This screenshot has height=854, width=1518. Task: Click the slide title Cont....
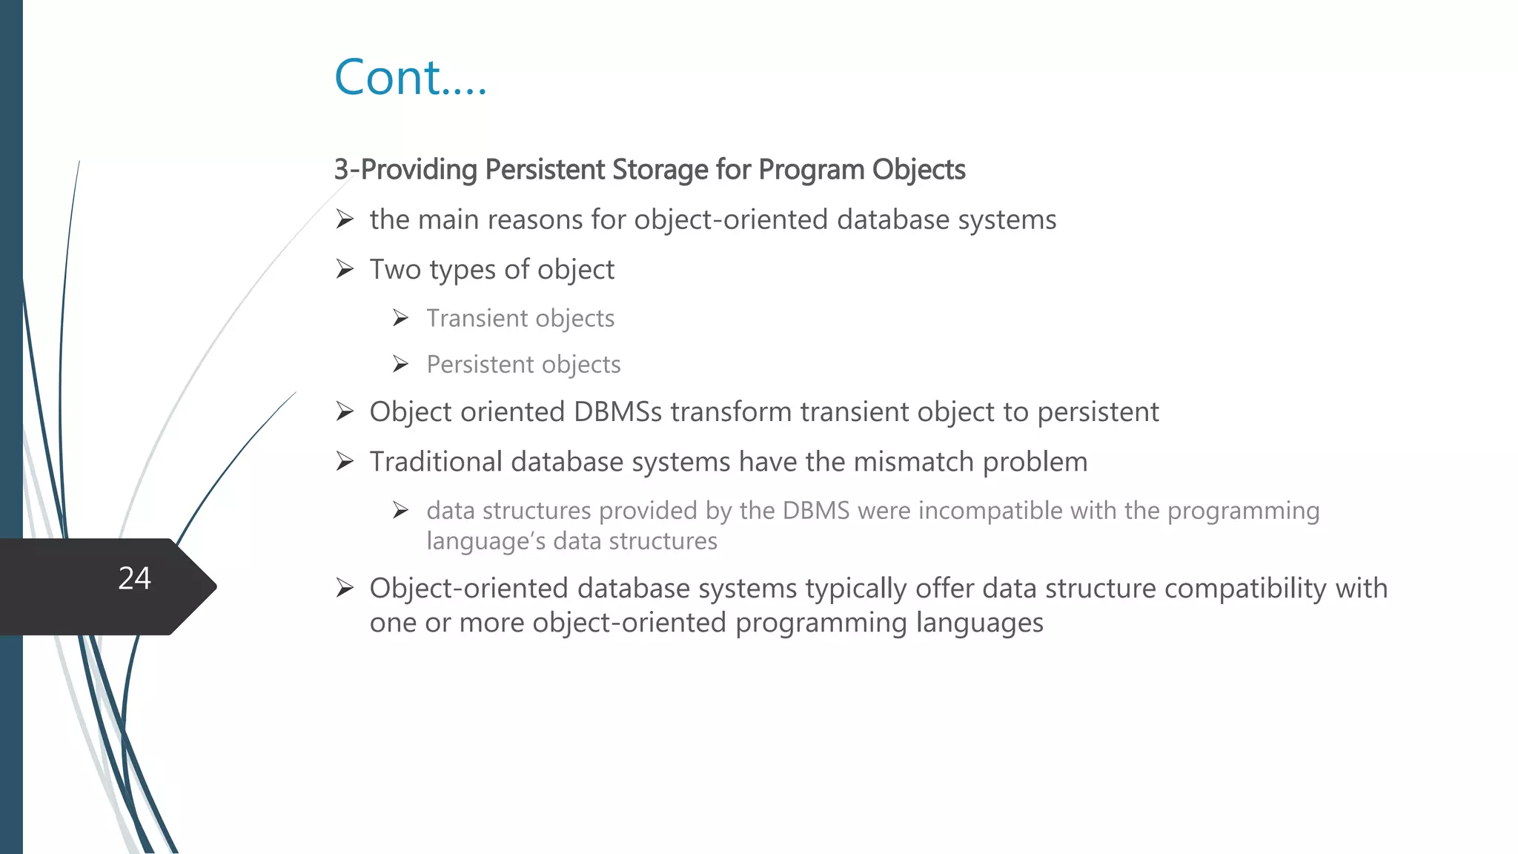(410, 78)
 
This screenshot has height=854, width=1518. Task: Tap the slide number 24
(134, 578)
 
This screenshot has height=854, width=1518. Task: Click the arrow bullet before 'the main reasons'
(345, 219)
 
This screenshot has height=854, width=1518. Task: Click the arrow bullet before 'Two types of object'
(345, 269)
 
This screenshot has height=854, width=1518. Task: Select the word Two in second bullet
(395, 270)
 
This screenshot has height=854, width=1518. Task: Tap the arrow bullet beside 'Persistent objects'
(401, 364)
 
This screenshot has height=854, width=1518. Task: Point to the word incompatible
(972, 511)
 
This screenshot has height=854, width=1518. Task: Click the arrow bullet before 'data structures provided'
(401, 511)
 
